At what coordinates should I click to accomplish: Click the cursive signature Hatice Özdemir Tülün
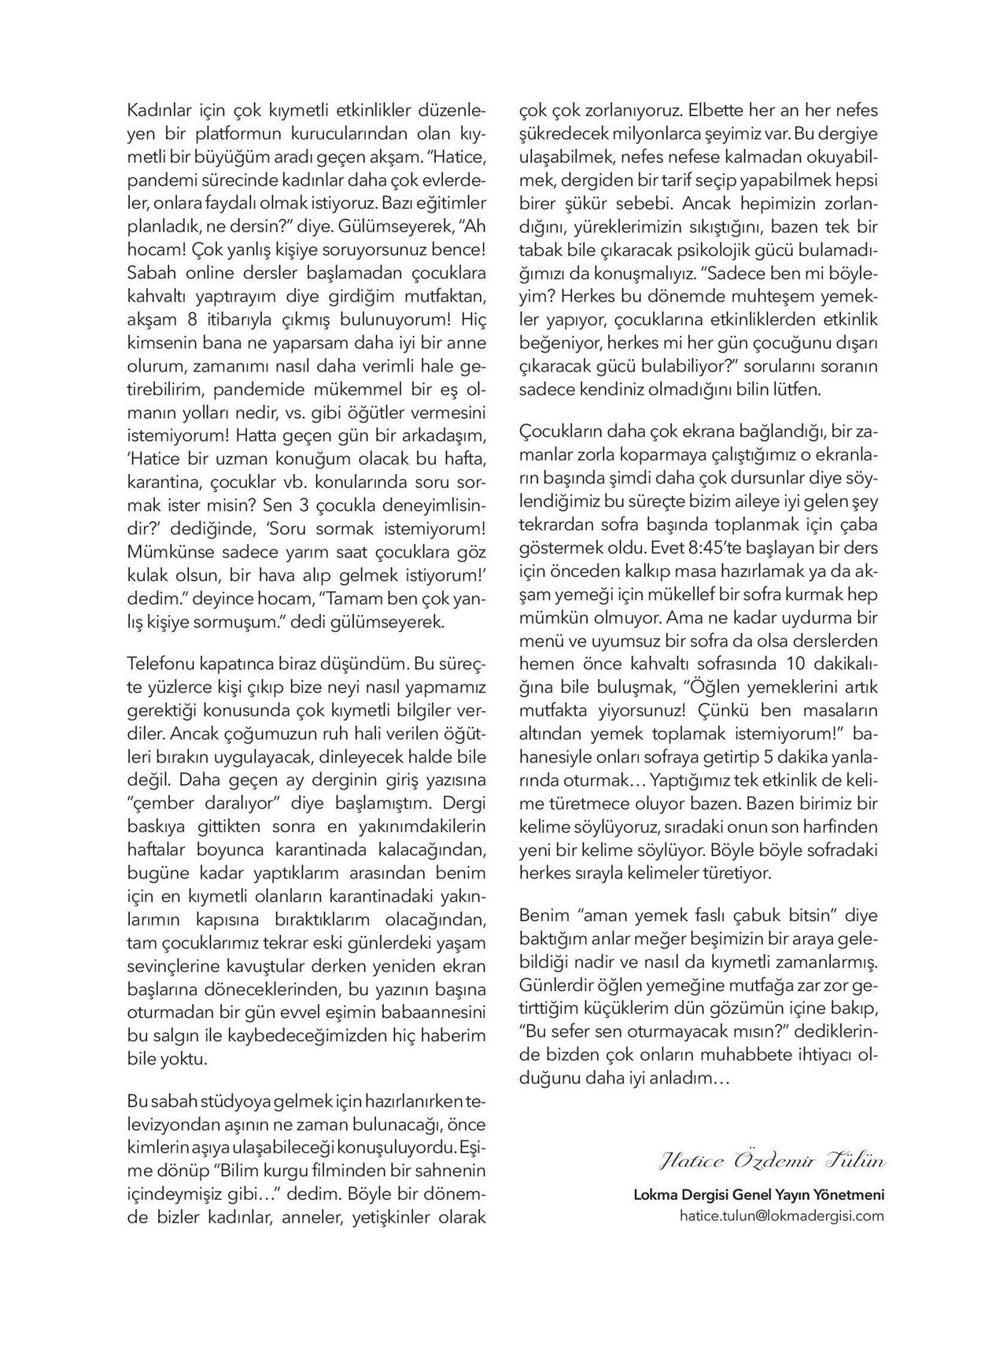[x=772, y=1162]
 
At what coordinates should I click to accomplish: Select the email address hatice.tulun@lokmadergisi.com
[x=781, y=1216]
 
